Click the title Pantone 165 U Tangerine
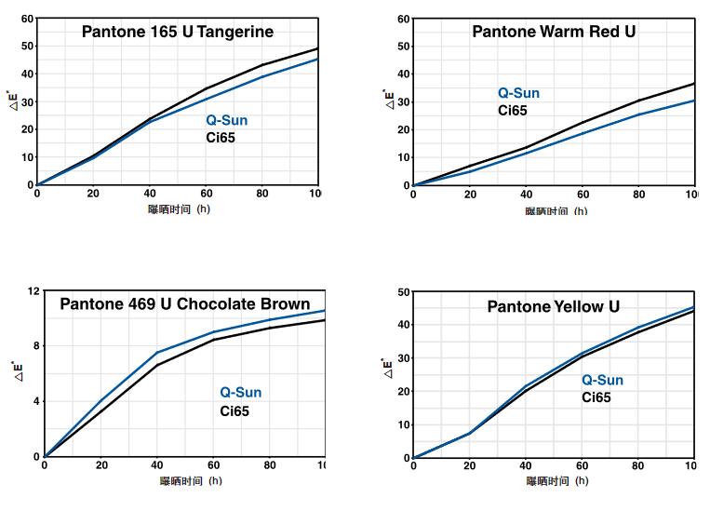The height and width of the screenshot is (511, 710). coord(178,32)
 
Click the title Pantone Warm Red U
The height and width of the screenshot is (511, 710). coord(554,32)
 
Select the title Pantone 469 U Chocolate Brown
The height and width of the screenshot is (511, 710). coord(185,303)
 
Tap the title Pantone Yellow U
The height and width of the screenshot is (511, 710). coord(553,306)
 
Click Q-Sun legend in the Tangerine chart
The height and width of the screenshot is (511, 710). coord(227,120)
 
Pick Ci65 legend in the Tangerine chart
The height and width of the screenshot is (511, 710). coord(220,137)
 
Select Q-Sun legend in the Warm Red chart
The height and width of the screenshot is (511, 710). coord(518,93)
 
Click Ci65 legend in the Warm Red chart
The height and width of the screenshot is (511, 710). coord(512,110)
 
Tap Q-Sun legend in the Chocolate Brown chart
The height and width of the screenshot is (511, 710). coord(241,393)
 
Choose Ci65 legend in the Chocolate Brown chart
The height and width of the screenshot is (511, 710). coord(234,410)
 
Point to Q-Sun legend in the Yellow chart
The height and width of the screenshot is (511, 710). coord(603,380)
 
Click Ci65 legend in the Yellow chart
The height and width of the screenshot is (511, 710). coord(596,397)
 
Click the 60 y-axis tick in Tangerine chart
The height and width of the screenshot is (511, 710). coord(27,19)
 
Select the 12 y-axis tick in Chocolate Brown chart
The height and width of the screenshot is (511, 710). coord(34,291)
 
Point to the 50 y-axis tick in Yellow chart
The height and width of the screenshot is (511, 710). coord(404,292)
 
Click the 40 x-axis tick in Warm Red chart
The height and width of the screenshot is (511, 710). coord(526,195)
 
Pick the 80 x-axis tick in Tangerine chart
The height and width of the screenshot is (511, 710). coord(262,194)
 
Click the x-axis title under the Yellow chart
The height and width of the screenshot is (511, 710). coord(556,481)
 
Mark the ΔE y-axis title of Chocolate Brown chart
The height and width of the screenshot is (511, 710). coord(14,371)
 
